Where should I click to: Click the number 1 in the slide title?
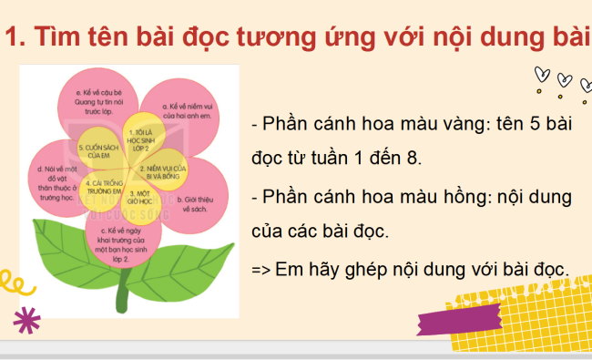point(13,39)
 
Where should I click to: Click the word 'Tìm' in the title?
point(59,39)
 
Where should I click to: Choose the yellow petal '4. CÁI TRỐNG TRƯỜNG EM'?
point(102,187)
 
